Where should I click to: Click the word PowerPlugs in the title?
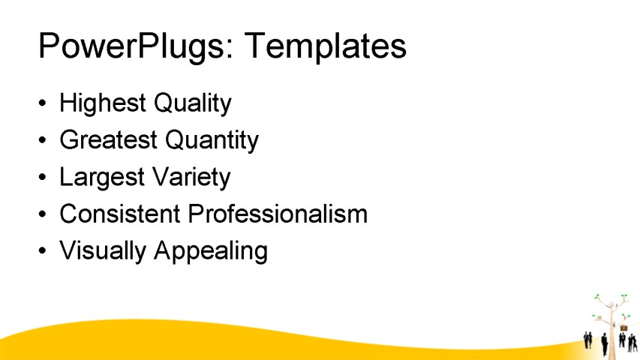[x=129, y=46]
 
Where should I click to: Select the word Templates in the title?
[x=326, y=46]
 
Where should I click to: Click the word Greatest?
[x=108, y=139]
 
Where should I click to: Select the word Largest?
[x=102, y=178]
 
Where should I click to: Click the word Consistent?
[x=120, y=214]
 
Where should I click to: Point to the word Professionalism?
[x=278, y=214]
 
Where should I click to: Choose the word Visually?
[x=103, y=251]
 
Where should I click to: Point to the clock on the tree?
[x=612, y=304]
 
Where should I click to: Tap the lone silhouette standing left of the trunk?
[x=605, y=344]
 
